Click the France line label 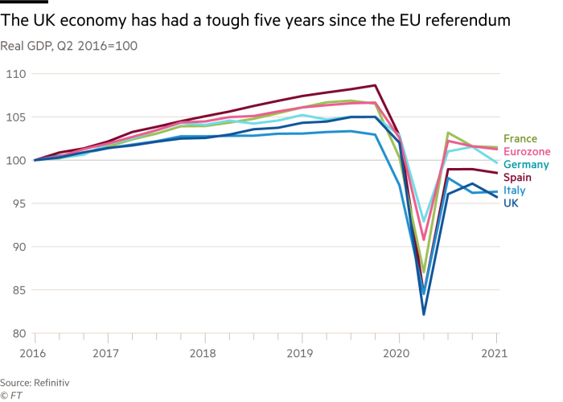[520, 139]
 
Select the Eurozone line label [527, 151]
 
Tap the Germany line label [526, 165]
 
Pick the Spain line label [517, 178]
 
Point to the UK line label [511, 204]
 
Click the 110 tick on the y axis [17, 74]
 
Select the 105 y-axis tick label [17, 117]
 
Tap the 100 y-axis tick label [17, 161]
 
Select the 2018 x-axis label [203, 352]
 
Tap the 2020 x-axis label [397, 352]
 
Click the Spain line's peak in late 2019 [375, 84]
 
